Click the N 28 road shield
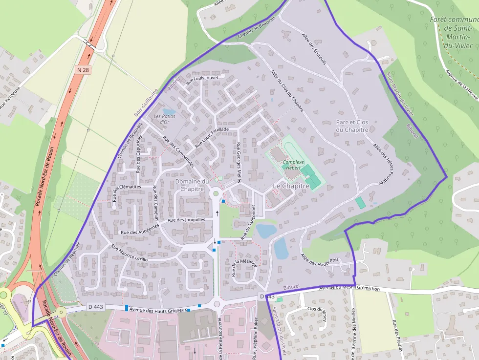click(x=83, y=70)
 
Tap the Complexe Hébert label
click(x=293, y=165)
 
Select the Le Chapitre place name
click(x=291, y=186)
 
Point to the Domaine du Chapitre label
click(x=192, y=185)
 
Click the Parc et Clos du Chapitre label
click(x=351, y=126)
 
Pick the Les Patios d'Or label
click(x=164, y=119)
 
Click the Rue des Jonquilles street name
click(x=186, y=220)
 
